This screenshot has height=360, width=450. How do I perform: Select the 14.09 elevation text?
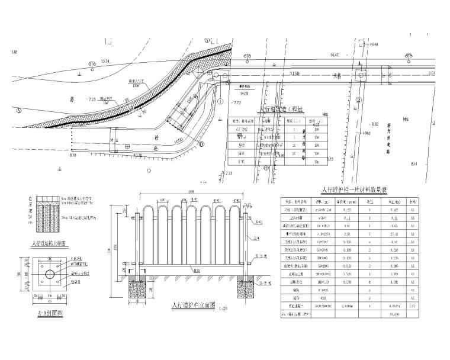click(243, 92)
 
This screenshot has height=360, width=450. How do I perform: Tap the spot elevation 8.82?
click(374, 124)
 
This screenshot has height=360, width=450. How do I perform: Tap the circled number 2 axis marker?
click(358, 100)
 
